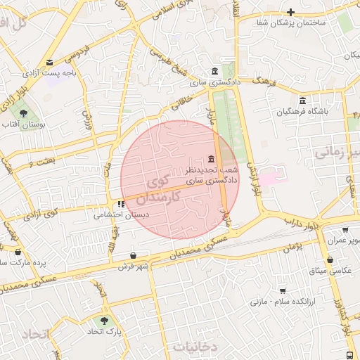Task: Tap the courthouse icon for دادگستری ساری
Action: pos(214,71)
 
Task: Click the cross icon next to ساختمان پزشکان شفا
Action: pos(290,12)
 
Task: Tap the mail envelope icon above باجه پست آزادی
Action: pos(49,63)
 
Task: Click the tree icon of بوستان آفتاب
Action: pos(24,112)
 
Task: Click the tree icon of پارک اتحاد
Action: pos(105,319)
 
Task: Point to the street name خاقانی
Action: pos(179,106)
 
